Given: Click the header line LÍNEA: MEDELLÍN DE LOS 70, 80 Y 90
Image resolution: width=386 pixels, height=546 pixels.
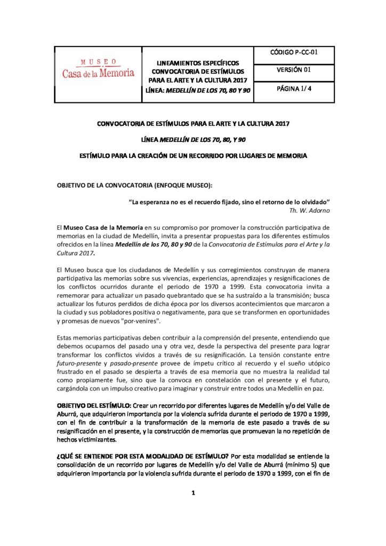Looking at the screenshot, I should click(198, 91).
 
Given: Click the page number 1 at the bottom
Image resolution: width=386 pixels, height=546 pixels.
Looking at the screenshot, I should click(193, 493).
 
